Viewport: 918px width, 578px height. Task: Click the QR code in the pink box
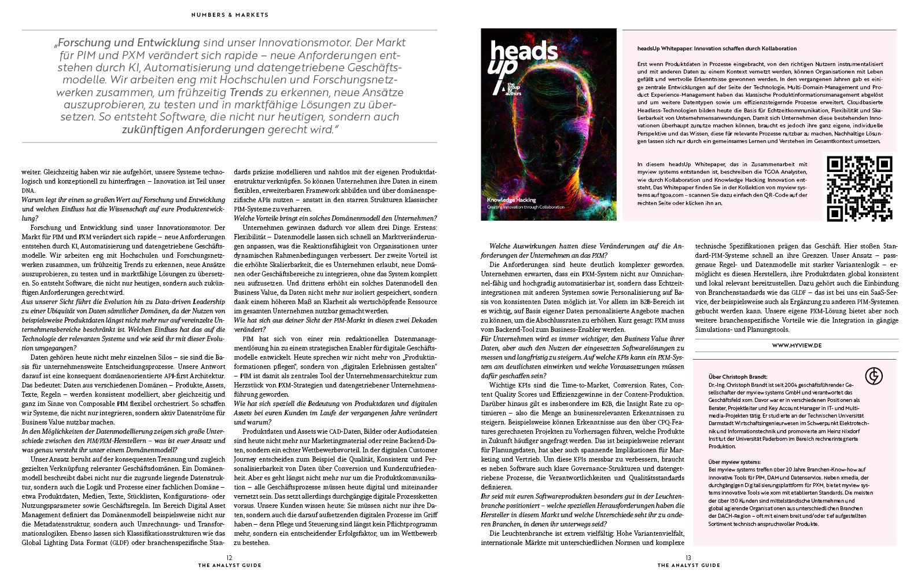pyautogui.click(x=859, y=189)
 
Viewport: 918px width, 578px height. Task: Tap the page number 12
pyautogui.click(x=230, y=558)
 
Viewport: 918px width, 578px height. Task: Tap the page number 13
pyautogui.click(x=688, y=558)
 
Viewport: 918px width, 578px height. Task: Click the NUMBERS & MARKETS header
pyautogui.click(x=230, y=15)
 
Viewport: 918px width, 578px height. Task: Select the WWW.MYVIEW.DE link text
pyautogui.click(x=797, y=345)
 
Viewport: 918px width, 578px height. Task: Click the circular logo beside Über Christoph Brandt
pyautogui.click(x=873, y=376)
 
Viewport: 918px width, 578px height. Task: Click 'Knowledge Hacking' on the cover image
pyautogui.click(x=511, y=200)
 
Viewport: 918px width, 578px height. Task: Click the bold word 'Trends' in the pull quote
pyautogui.click(x=246, y=93)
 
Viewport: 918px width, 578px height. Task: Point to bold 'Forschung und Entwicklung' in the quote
pyautogui.click(x=128, y=43)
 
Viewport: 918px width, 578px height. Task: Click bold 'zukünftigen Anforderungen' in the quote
pyautogui.click(x=193, y=130)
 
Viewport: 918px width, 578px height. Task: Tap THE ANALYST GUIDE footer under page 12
pyautogui.click(x=230, y=565)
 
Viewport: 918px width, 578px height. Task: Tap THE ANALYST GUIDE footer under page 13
pyautogui.click(x=688, y=565)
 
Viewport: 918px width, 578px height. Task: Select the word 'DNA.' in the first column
pyautogui.click(x=28, y=191)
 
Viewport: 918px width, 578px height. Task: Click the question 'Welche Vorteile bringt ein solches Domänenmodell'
pyautogui.click(x=335, y=218)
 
